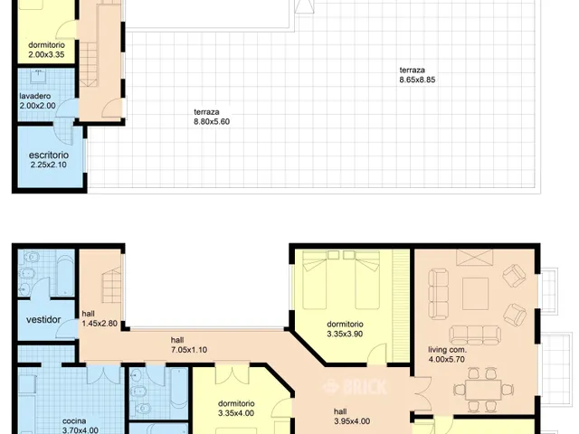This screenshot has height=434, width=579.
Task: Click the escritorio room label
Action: pos(49,155)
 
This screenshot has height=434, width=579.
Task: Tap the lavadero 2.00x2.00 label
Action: pos(37,100)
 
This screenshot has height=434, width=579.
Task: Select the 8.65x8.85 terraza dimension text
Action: pos(417,80)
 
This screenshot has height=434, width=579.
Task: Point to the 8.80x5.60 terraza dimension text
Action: pos(212,122)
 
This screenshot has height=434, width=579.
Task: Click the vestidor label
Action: pos(43,319)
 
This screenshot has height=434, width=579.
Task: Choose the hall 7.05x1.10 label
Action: pos(189,344)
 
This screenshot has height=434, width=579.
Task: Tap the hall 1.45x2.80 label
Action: pos(100,318)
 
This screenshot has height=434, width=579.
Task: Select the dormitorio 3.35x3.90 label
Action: pos(345,329)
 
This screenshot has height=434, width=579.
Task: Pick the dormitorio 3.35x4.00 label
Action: pos(236,408)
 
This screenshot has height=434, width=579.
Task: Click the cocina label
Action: pos(74,421)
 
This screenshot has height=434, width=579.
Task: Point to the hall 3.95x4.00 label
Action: pos(352,416)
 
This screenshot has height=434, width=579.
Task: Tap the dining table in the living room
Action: pos(483,390)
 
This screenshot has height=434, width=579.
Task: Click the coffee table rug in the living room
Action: pos(475,294)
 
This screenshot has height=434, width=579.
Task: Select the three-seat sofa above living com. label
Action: pos(475,335)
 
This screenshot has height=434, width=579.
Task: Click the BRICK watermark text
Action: pos(364,387)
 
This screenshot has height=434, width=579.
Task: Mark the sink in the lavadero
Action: pos(38,76)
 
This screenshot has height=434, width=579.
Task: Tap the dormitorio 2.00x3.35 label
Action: pos(46,50)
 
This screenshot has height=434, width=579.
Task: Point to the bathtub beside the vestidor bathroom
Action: pos(65,275)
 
